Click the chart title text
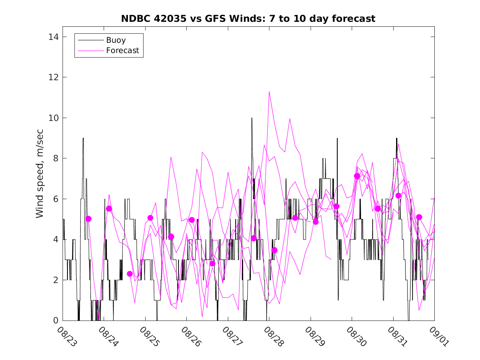248,19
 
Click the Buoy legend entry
116,40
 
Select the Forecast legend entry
123,51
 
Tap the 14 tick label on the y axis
52,37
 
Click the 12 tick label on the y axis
52,77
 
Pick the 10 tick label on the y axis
52,118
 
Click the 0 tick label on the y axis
55,321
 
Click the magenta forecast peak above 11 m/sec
269,91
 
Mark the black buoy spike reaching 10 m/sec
252,118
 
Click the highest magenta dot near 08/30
357,176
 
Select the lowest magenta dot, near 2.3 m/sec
130,274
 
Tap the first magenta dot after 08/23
88,219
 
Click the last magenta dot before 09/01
419,217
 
